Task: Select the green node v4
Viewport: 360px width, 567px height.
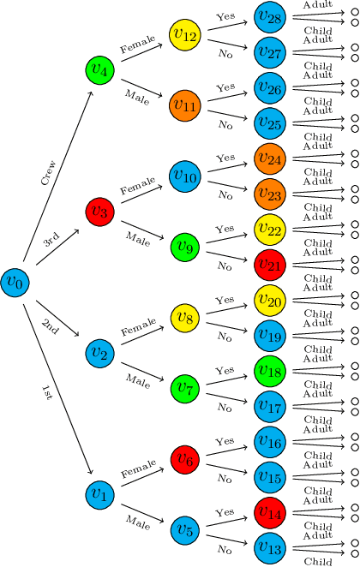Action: [x=100, y=71]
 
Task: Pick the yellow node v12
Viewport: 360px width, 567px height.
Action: [x=184, y=36]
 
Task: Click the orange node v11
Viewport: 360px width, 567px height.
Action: [x=184, y=106]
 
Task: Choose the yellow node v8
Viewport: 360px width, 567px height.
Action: [x=184, y=318]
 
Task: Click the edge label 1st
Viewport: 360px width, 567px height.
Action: [x=47, y=393]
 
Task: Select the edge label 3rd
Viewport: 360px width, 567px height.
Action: [x=51, y=243]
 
